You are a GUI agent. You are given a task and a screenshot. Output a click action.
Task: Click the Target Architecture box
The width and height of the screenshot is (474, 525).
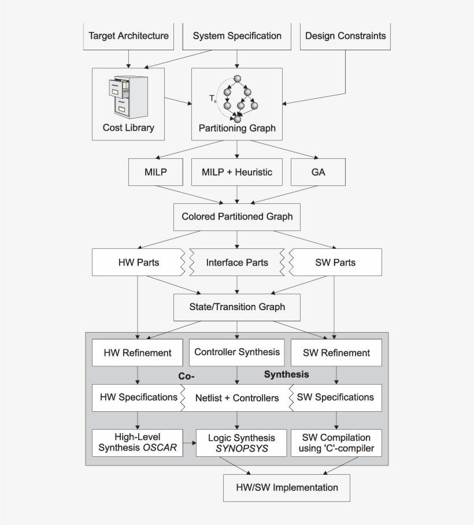pos(128,36)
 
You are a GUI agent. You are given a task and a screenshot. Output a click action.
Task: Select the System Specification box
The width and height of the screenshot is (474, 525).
pos(237,36)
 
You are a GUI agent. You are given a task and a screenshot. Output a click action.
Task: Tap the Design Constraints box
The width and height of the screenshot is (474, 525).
pos(345,36)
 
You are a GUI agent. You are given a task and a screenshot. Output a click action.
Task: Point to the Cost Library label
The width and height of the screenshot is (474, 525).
pos(128,128)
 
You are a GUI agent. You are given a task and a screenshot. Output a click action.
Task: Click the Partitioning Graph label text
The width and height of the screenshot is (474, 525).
pos(237,128)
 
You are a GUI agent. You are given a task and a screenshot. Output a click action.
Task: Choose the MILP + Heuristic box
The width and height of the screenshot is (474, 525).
pos(237,172)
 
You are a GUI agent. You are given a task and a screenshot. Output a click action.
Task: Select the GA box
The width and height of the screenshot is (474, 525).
pos(318,172)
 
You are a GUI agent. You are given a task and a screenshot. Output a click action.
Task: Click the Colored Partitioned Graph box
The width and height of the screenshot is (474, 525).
pos(237,217)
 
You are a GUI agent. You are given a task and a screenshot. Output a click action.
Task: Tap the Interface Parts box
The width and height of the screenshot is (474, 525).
pos(237,262)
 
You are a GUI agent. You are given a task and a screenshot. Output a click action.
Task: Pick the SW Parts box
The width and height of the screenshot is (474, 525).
pos(336,262)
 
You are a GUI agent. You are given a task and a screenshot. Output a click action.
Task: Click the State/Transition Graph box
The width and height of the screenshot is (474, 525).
pos(237,307)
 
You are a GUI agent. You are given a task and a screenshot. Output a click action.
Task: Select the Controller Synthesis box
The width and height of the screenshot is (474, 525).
pos(237,352)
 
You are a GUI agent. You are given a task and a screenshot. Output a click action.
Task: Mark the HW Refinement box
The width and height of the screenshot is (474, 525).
pos(138,352)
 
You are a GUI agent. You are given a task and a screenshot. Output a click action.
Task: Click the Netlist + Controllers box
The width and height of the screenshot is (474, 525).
pos(237,398)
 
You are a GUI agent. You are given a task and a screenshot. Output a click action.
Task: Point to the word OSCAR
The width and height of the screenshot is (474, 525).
pos(160,448)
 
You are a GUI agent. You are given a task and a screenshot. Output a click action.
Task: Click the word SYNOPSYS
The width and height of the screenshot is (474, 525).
pos(242,448)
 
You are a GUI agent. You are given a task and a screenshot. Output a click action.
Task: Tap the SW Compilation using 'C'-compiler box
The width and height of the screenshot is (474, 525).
pos(336,443)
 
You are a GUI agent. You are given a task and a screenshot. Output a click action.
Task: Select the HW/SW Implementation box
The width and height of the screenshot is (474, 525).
pos(287,487)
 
